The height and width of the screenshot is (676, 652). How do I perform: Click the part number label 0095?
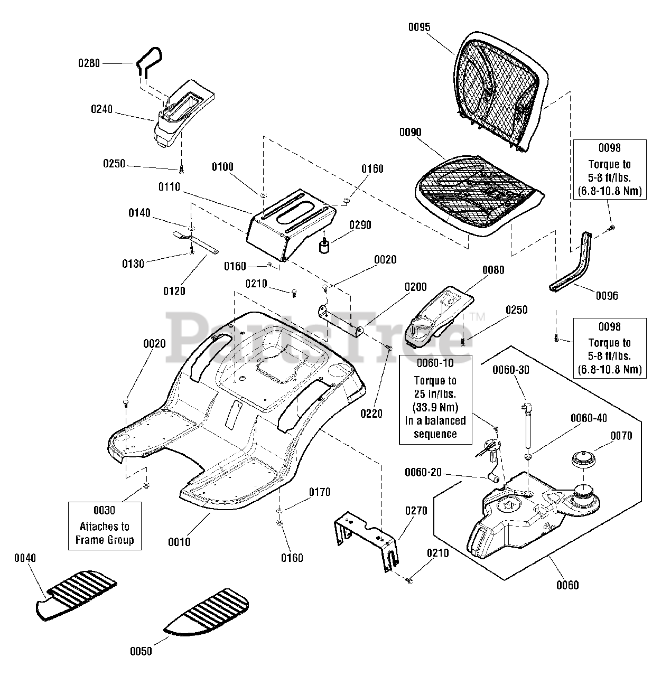[x=419, y=27]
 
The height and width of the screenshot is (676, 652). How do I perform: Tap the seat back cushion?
[x=500, y=92]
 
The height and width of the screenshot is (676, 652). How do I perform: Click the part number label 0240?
[x=102, y=109]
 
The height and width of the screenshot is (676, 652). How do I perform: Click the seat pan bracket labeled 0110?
[x=291, y=224]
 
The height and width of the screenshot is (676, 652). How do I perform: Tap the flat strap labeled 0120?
[x=195, y=242]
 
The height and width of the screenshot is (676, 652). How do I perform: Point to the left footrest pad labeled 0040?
[x=76, y=596]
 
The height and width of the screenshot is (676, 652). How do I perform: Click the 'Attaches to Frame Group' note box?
[x=105, y=525]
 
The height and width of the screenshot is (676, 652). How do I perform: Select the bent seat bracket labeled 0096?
[x=570, y=262]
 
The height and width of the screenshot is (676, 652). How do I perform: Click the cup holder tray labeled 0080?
[x=439, y=316]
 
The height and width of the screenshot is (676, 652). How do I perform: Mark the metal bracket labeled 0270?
[x=366, y=541]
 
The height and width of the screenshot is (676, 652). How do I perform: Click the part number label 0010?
[x=179, y=542]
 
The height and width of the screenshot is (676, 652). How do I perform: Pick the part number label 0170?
[x=320, y=492]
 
